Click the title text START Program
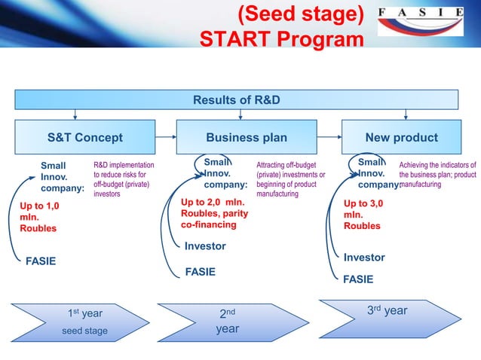coord(280,38)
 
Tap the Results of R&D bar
coord(239,99)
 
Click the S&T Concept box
coord(84,138)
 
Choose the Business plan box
coord(247,138)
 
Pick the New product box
coord(401,138)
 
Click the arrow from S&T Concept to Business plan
coord(165,138)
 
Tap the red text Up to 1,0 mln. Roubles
coord(38,216)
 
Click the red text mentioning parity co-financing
coord(214,213)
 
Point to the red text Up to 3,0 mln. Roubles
coord(363,214)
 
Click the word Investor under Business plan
coord(205,246)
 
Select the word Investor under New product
coord(363,258)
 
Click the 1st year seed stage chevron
coord(84,322)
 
